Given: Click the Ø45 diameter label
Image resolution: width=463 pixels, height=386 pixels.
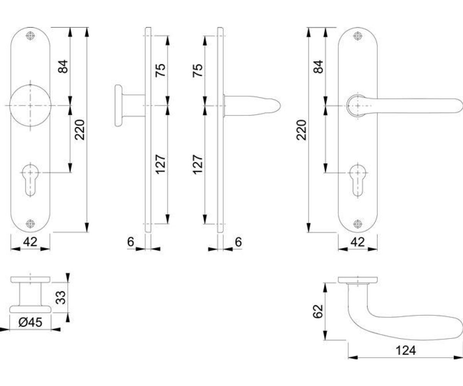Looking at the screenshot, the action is [x=30, y=322].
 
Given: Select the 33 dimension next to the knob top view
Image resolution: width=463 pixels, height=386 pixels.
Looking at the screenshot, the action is [x=61, y=297].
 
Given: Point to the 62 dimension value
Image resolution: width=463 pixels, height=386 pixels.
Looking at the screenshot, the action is [x=318, y=312].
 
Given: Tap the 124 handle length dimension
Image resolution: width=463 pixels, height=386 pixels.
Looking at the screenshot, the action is [x=406, y=350].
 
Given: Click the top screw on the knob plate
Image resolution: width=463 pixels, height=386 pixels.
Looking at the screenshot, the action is [x=30, y=36].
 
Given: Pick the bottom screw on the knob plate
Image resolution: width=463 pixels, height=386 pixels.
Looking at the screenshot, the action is [x=30, y=223].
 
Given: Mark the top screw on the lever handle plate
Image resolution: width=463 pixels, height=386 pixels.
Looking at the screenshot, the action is [x=358, y=36].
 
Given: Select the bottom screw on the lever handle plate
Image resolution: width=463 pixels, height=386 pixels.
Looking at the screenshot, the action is [x=358, y=223].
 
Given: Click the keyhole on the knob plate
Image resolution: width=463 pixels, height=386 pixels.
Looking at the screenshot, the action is [x=30, y=180].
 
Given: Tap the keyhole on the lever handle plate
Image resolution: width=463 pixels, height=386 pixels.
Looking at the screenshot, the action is [x=358, y=180].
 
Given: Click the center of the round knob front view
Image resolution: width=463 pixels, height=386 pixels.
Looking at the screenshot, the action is [x=30, y=106].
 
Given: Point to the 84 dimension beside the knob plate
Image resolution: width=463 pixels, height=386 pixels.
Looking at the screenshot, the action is [x=63, y=66].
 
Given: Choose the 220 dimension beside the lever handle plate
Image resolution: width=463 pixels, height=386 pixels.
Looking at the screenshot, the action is [x=301, y=130].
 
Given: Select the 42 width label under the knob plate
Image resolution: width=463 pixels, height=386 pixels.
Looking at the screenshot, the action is [x=30, y=242].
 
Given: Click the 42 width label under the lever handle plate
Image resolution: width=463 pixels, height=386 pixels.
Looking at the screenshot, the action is [x=358, y=242].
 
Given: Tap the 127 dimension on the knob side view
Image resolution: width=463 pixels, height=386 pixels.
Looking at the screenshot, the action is [x=161, y=164].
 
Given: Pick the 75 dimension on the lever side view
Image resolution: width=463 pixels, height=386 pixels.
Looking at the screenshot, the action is [x=198, y=70].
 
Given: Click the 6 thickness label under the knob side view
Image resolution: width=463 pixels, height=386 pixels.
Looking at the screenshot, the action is [x=131, y=242].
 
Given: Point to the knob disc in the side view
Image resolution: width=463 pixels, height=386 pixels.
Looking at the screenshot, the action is [x=118, y=106].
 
